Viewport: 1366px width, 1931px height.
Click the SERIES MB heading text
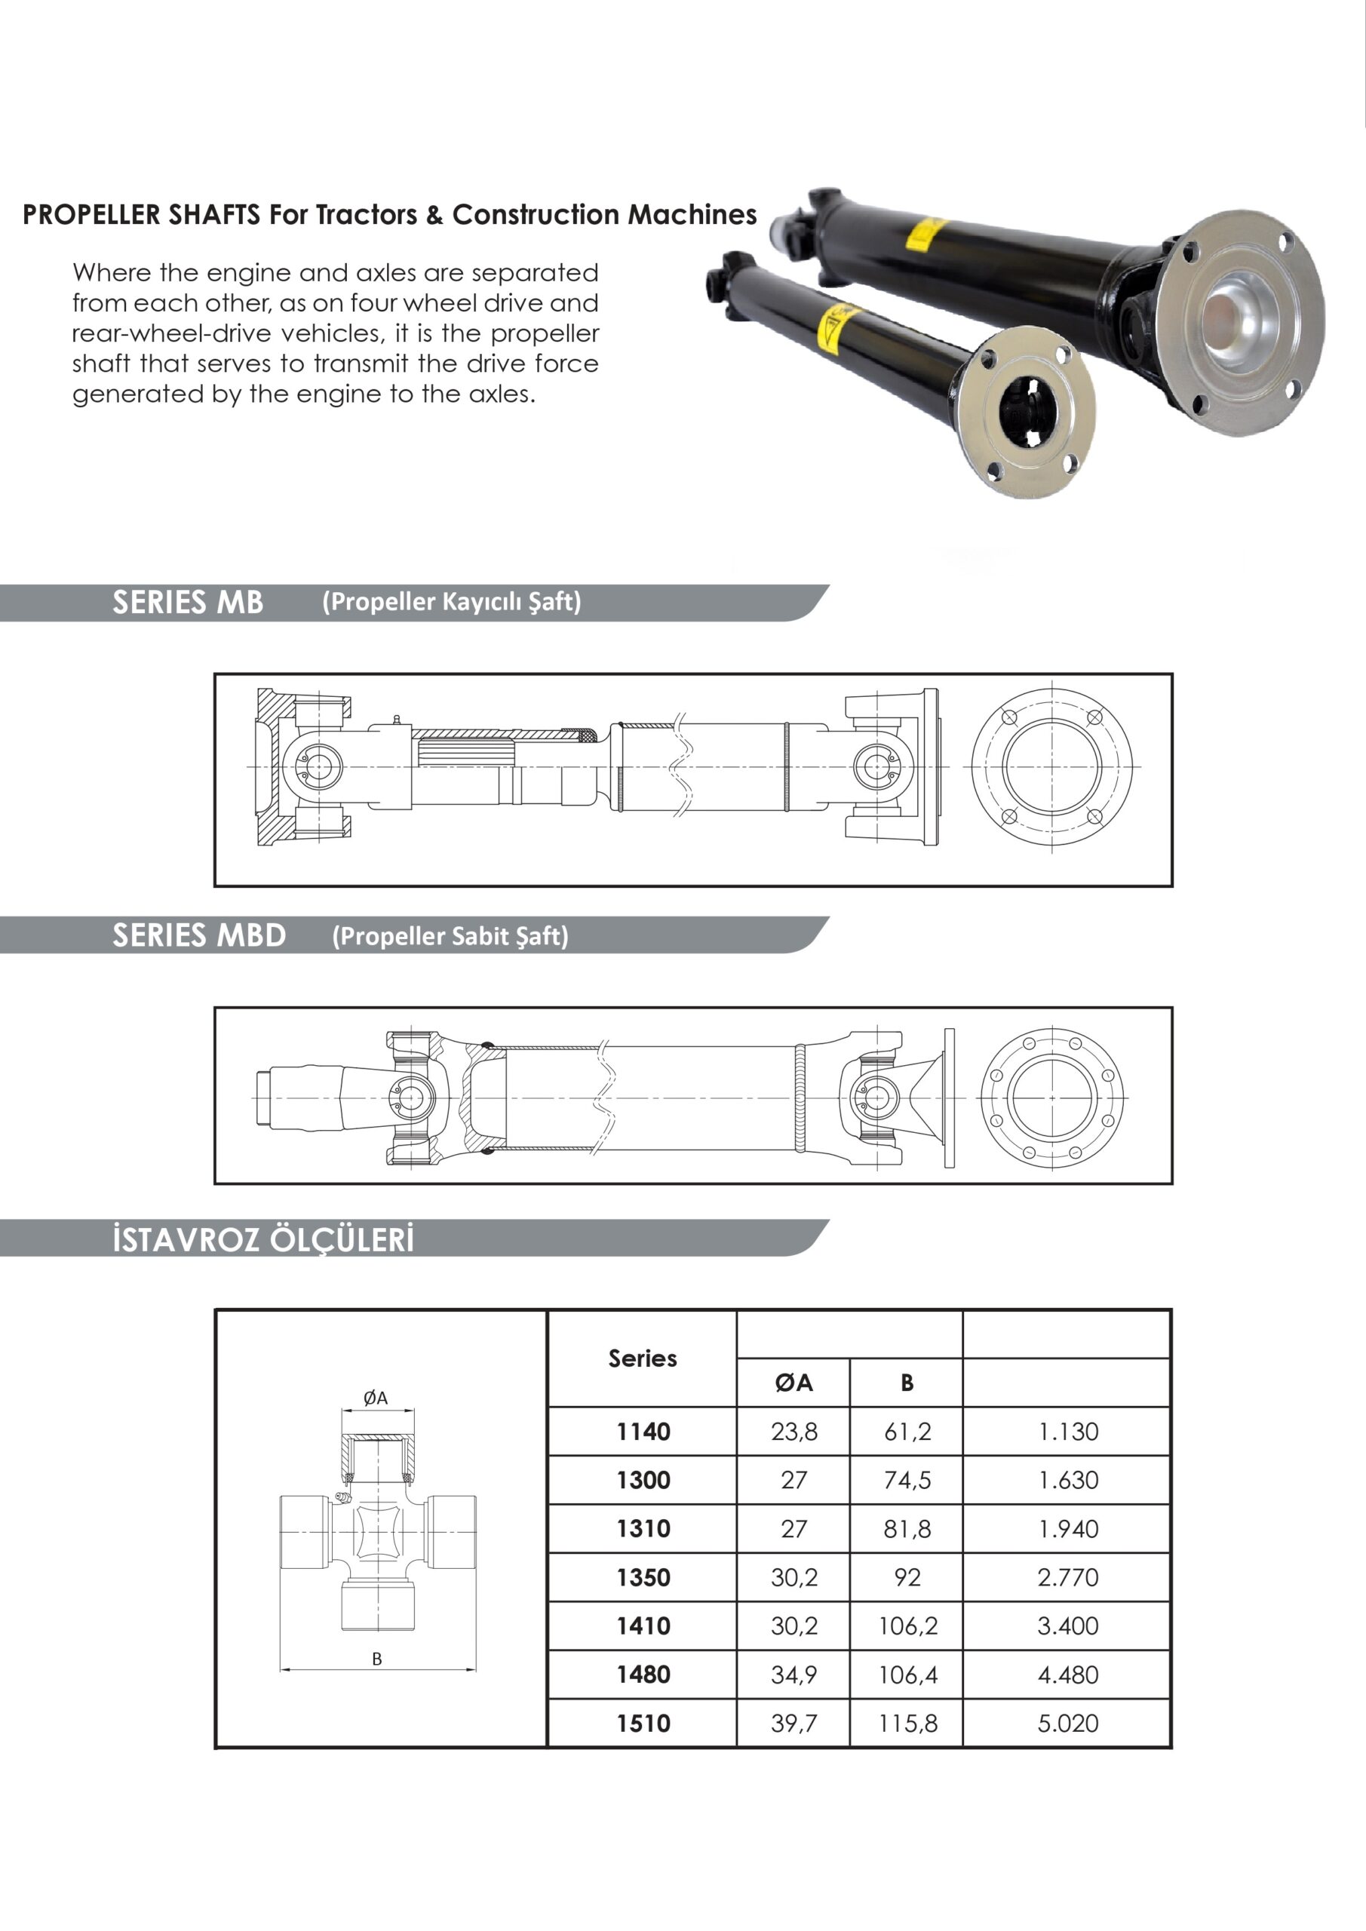[188, 602]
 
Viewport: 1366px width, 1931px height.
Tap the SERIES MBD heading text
[199, 935]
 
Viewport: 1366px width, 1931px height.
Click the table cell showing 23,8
[794, 1432]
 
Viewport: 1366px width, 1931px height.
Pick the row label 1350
[643, 1578]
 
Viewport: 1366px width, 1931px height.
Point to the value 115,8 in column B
[907, 1724]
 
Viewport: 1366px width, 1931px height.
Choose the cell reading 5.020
[1067, 1724]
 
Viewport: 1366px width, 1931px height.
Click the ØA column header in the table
[794, 1383]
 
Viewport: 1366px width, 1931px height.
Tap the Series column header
[643, 1358]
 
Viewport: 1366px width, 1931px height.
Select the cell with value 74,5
[907, 1480]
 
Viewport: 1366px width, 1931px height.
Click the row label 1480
[643, 1675]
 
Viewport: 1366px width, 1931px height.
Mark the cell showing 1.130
[1067, 1432]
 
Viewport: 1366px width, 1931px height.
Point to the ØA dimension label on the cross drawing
[375, 1398]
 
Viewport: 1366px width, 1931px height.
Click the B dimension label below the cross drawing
[377, 1659]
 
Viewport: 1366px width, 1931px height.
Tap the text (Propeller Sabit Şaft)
[450, 936]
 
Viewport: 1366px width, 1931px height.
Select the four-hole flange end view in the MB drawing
[1051, 767]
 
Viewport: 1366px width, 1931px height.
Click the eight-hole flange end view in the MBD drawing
[1052, 1098]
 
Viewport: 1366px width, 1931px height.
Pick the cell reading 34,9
[794, 1675]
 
